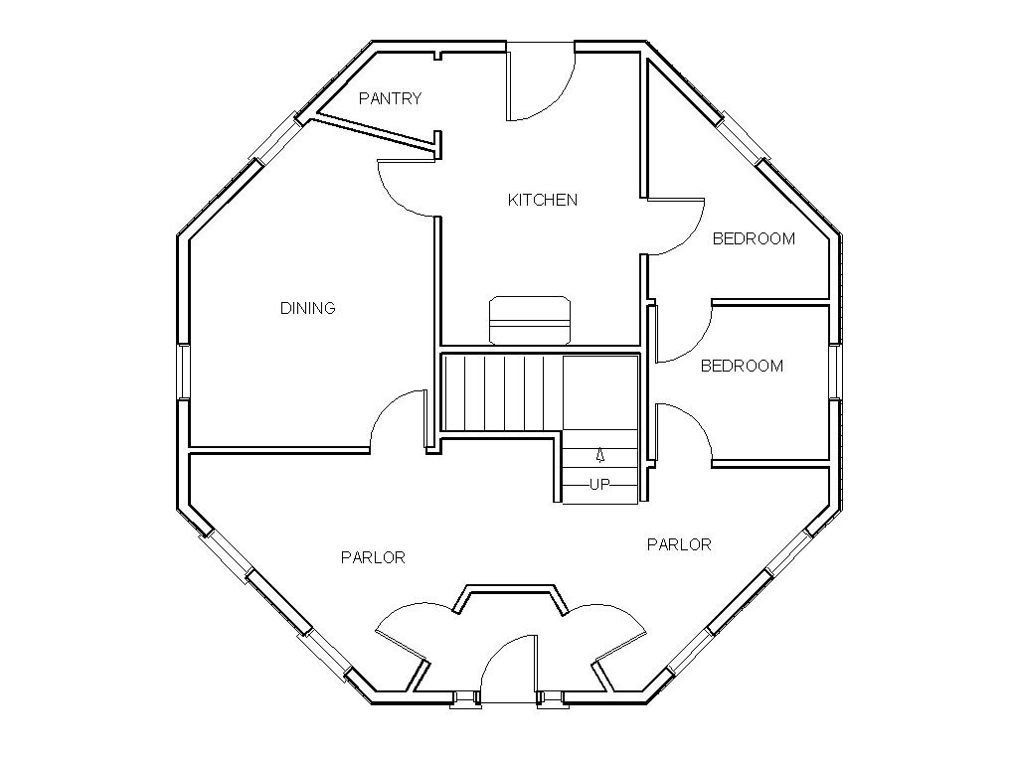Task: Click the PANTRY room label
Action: (x=390, y=98)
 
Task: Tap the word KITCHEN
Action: (x=542, y=200)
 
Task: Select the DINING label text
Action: (x=307, y=308)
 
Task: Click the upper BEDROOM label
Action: (x=754, y=238)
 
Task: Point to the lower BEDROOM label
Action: (x=742, y=366)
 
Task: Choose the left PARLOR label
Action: (x=373, y=557)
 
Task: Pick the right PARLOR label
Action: (x=679, y=544)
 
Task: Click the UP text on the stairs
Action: (x=599, y=485)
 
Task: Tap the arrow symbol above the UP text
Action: (x=599, y=456)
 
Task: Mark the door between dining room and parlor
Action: (x=398, y=421)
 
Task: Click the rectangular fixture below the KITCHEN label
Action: (x=530, y=319)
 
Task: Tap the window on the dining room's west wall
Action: (x=183, y=371)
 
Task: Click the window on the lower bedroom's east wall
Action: (x=835, y=371)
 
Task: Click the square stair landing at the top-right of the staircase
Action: (x=600, y=392)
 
